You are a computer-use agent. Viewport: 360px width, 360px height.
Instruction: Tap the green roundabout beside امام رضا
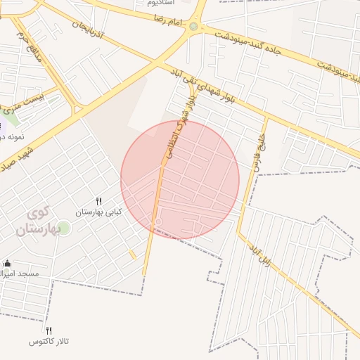click(x=193, y=27)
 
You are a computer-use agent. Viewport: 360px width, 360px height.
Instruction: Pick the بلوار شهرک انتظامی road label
click(x=179, y=126)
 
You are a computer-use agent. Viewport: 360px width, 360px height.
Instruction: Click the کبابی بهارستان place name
click(x=99, y=212)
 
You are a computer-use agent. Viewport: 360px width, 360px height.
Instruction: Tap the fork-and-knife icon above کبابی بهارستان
click(x=99, y=201)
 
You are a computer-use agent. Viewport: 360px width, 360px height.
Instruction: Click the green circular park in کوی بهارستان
click(x=63, y=229)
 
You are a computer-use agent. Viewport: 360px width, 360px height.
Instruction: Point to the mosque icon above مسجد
click(x=7, y=264)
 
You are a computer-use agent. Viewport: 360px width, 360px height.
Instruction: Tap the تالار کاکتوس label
click(x=49, y=341)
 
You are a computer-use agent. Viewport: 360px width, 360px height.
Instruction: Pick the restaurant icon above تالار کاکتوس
click(x=49, y=330)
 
